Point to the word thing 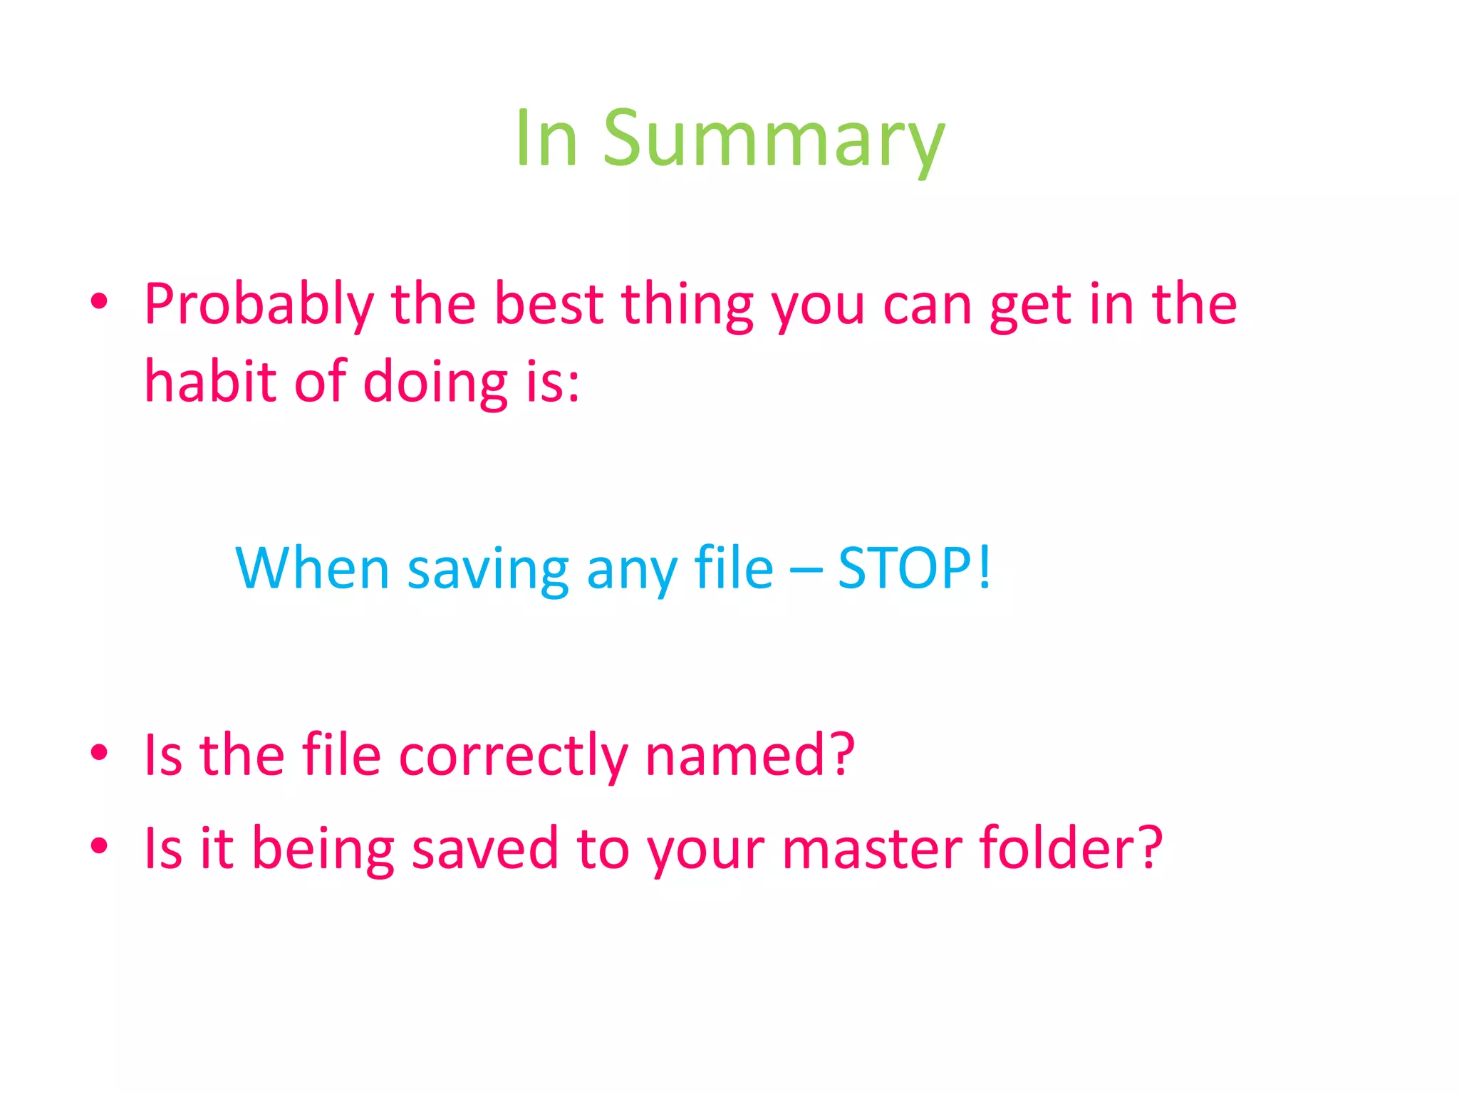687,305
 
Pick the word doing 435,382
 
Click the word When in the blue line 312,568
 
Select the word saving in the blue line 488,570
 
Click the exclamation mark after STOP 985,568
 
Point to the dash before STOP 806,570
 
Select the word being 323,849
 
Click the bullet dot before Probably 100,302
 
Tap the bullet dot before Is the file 100,752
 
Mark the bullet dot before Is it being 100,845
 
